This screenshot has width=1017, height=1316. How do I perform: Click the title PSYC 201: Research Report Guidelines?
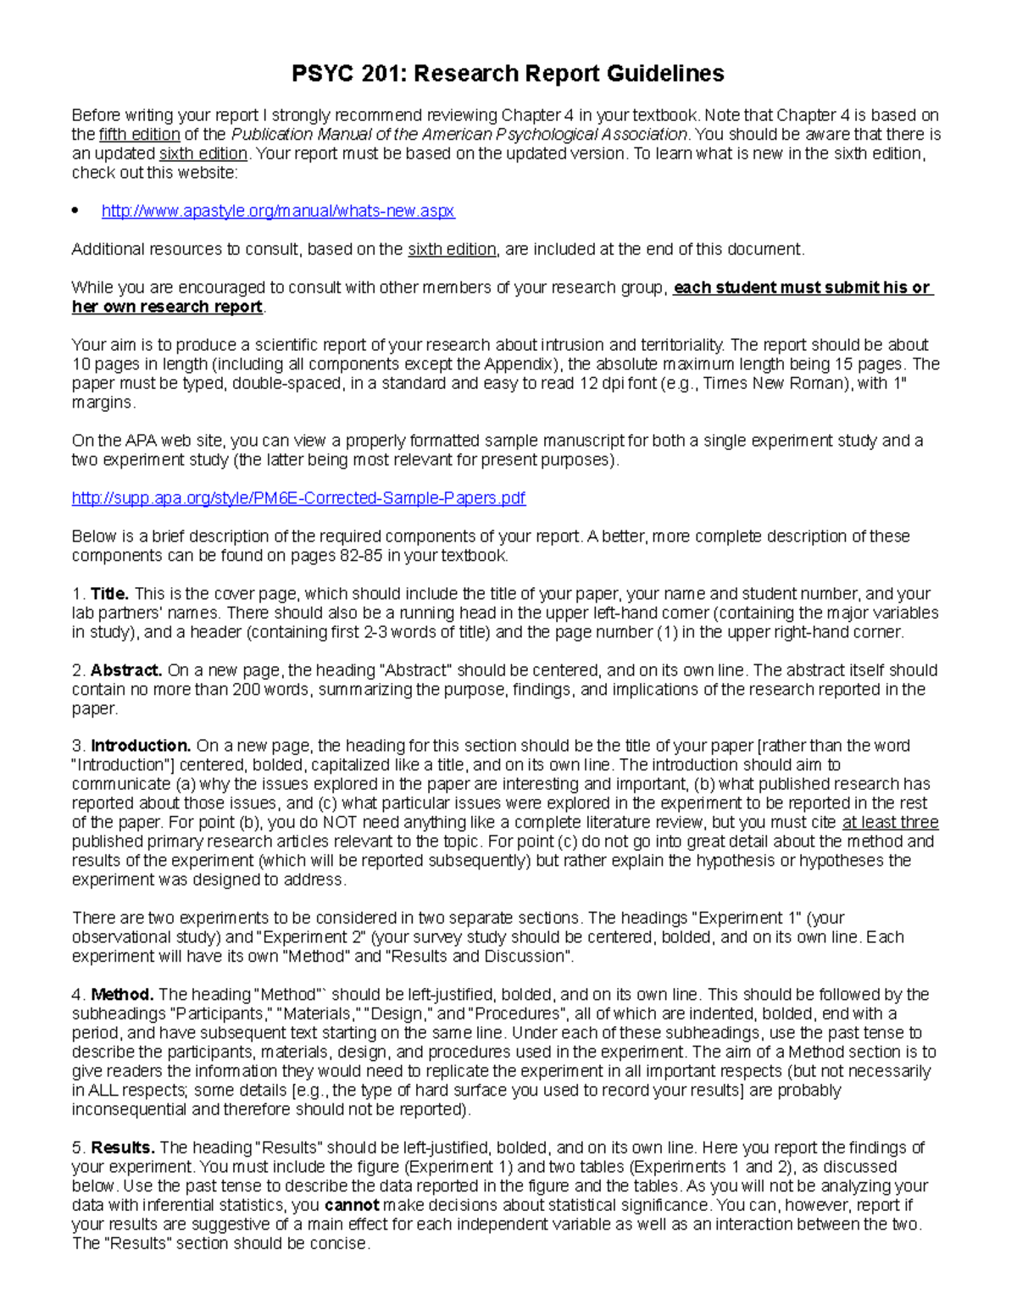pos(508,74)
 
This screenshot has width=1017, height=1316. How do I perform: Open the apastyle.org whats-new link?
pos(278,211)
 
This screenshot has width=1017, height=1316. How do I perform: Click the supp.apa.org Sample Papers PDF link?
pos(298,498)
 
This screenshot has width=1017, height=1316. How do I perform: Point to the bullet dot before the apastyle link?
pos(75,211)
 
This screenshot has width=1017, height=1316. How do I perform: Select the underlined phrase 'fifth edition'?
pos(139,135)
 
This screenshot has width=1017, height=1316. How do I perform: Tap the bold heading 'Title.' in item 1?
pos(109,594)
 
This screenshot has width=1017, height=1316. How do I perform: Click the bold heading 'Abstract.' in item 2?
pos(125,670)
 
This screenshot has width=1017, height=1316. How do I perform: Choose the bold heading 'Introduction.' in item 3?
pos(141,747)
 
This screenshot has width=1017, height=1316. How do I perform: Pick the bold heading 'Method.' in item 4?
pos(122,995)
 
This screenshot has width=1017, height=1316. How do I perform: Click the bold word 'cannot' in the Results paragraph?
pos(352,1205)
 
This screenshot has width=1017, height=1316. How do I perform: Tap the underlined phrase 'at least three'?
pos(890,823)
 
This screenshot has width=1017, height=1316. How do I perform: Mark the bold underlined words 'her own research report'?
pos(167,307)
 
